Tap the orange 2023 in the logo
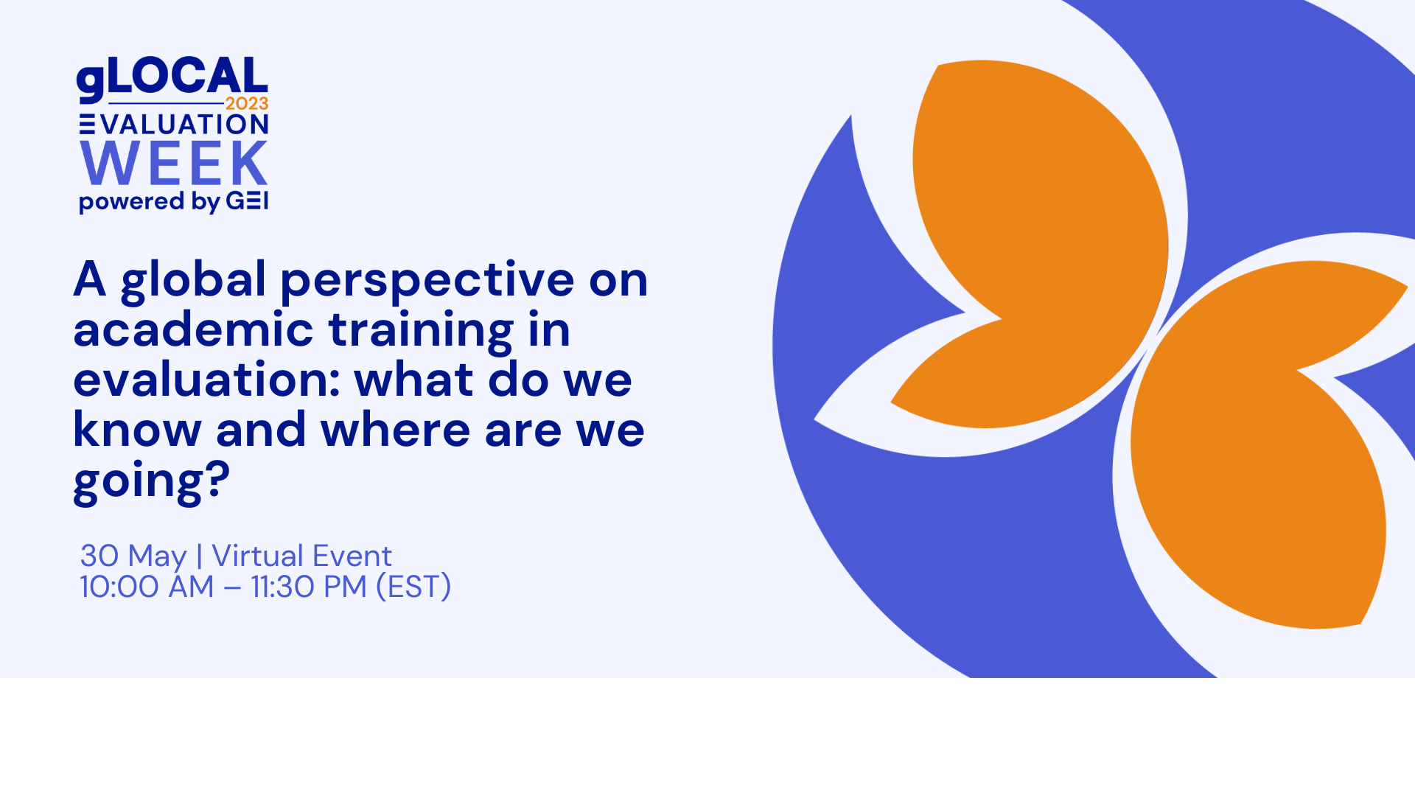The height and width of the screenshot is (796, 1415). point(247,104)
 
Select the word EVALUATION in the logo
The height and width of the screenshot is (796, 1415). point(174,125)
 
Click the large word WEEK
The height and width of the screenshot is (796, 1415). point(174,164)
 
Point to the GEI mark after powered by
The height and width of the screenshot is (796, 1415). point(247,200)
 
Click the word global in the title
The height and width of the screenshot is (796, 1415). point(193,281)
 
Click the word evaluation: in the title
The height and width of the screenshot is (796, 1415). point(206,380)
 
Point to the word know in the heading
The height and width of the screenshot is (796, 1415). point(137,429)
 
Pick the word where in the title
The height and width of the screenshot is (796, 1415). point(396,429)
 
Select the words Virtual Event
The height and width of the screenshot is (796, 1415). point(301,556)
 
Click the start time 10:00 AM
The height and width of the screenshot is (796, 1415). point(147,587)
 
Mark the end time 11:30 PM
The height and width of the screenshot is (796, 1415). point(309,587)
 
